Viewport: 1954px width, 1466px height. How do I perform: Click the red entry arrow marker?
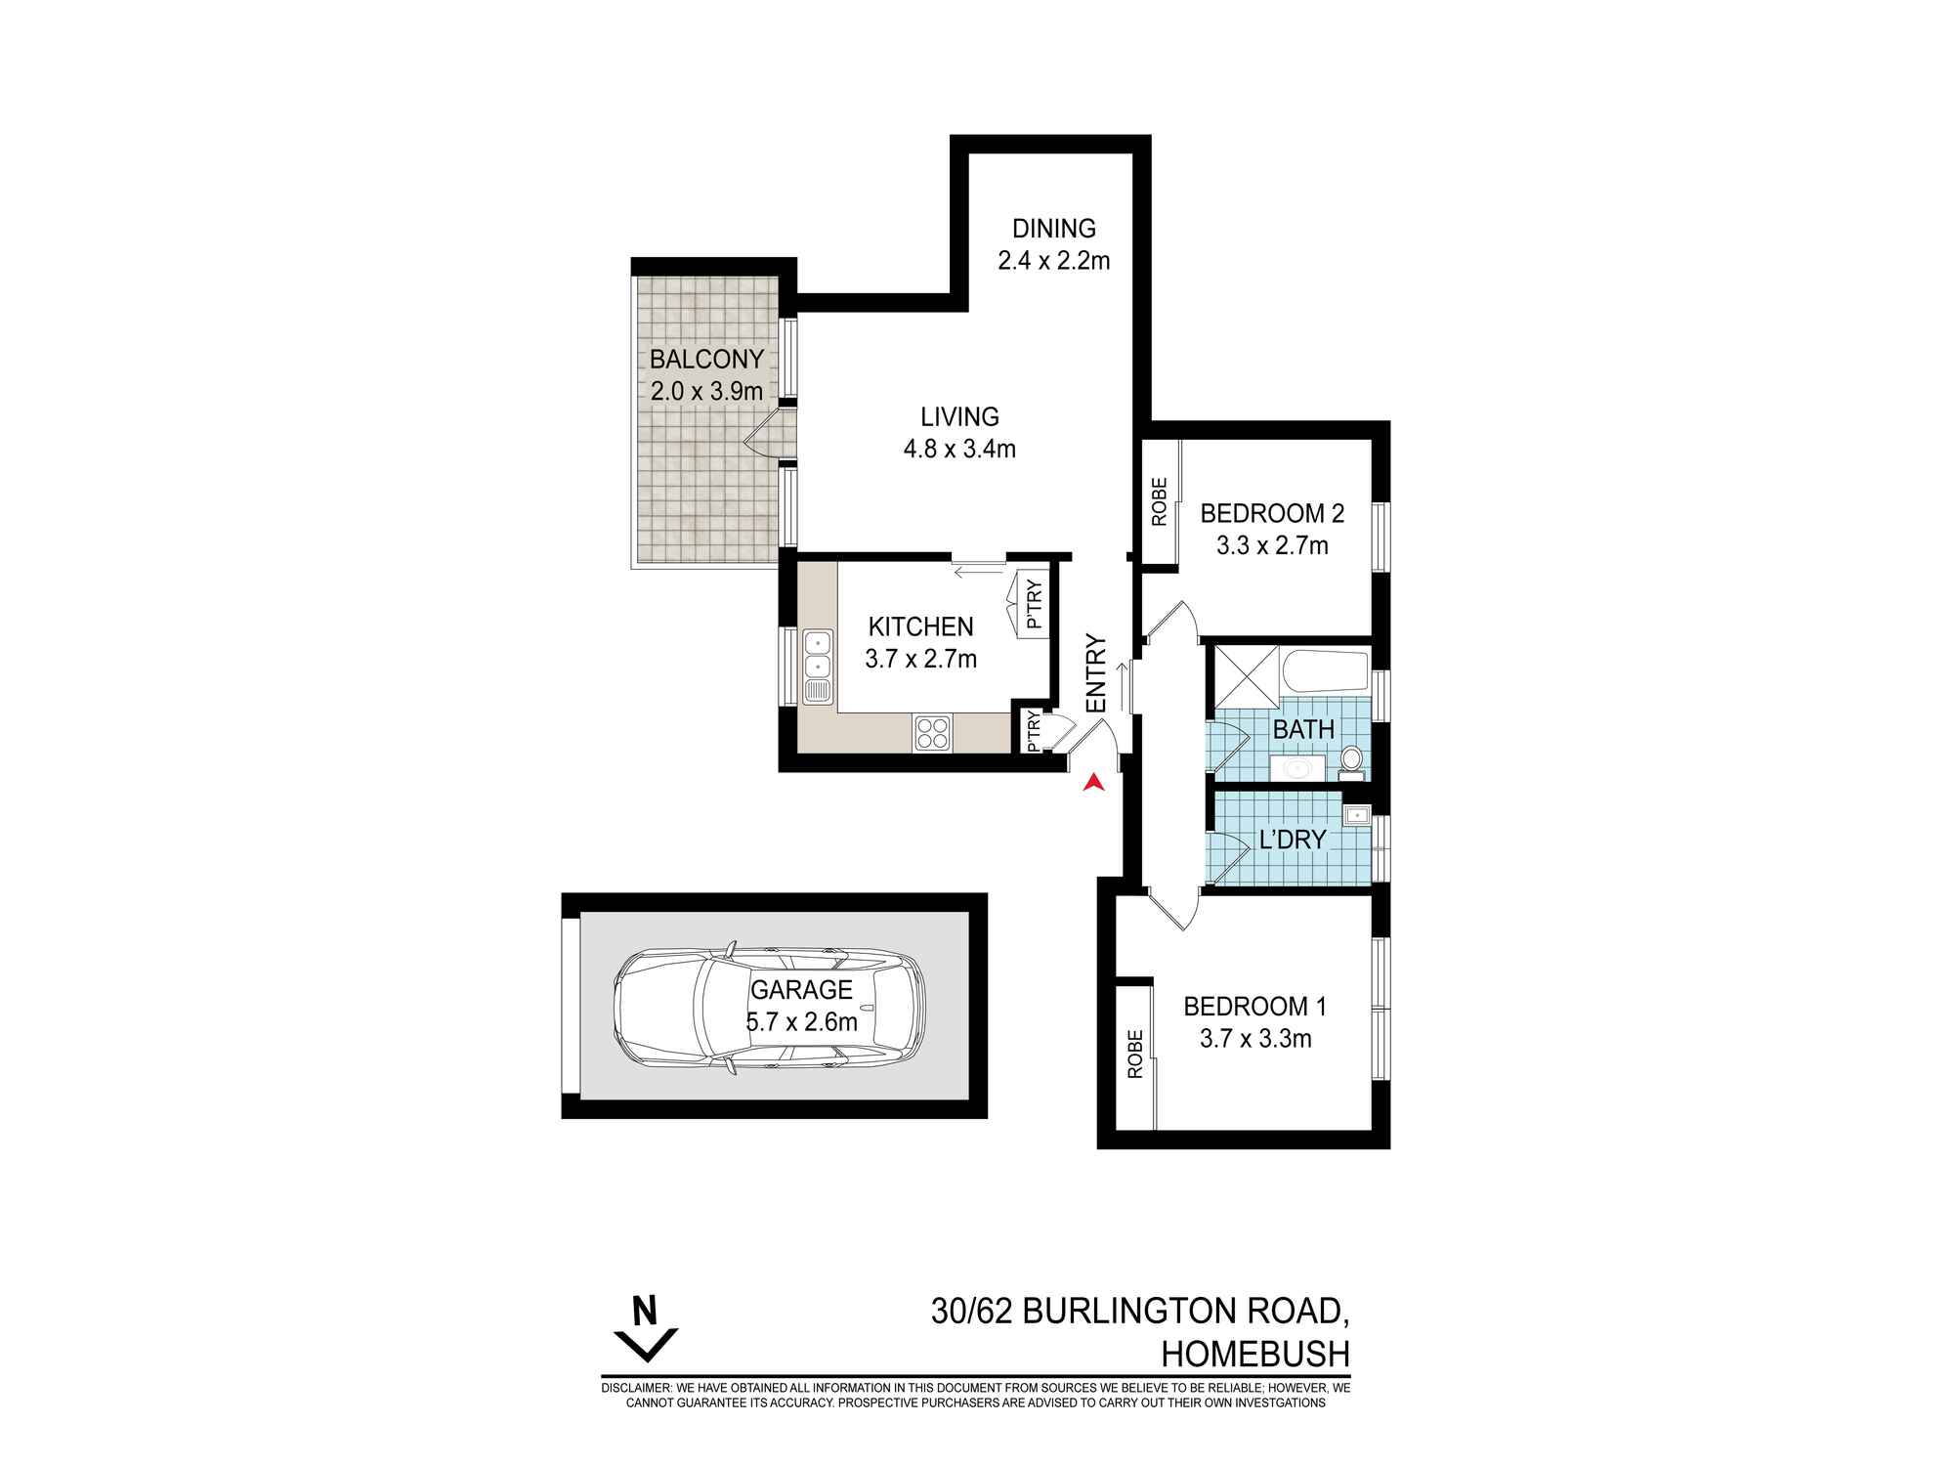tap(1094, 782)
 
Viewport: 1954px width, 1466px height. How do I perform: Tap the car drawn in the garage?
tap(768, 1010)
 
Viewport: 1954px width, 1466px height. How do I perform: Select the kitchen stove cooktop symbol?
tap(932, 733)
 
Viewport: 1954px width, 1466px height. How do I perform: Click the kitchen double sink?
tap(817, 667)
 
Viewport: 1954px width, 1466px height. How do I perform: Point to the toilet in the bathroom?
tap(1351, 759)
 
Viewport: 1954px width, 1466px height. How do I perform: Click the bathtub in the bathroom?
tap(1325, 672)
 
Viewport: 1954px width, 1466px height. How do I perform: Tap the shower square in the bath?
tap(1245, 672)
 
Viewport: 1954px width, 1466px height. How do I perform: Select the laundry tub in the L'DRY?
tap(1357, 814)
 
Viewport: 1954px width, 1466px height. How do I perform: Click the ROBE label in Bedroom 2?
tap(1160, 501)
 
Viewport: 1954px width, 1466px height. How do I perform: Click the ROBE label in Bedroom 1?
tap(1134, 1055)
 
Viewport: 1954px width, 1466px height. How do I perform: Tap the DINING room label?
tap(1053, 229)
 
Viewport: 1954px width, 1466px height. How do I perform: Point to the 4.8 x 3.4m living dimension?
tap(959, 450)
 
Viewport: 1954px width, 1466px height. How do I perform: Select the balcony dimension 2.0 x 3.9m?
tap(706, 392)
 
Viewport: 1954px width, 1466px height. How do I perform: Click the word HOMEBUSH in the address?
tap(1254, 1355)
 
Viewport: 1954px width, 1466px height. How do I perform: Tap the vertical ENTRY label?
tap(1096, 673)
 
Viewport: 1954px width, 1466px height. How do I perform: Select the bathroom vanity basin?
tap(1297, 768)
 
